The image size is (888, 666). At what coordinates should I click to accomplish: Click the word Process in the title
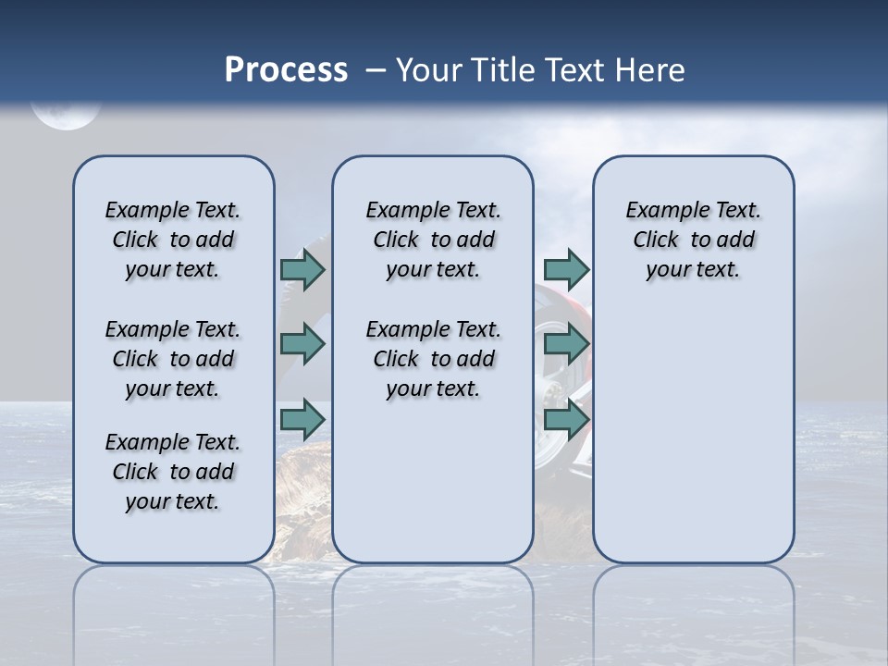tap(286, 70)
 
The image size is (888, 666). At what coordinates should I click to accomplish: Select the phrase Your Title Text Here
tap(540, 70)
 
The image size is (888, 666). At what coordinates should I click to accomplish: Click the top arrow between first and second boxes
tap(302, 269)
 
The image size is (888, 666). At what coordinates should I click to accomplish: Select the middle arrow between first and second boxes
tap(302, 344)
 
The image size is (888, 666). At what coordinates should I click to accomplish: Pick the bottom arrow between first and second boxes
tap(302, 419)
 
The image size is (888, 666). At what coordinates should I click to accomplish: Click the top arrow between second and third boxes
tap(566, 269)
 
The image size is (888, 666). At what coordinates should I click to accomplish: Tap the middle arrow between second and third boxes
tap(566, 344)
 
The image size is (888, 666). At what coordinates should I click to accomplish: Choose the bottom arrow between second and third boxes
tap(566, 419)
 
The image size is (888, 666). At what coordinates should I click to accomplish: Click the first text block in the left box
tap(173, 240)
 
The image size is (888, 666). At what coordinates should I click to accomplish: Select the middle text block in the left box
tap(173, 359)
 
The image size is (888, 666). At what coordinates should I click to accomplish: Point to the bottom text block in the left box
tap(173, 472)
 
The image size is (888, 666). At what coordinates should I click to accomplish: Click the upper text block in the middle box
tap(434, 240)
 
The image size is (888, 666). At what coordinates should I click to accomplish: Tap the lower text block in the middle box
tap(434, 359)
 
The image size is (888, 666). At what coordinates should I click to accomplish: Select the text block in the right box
tap(694, 240)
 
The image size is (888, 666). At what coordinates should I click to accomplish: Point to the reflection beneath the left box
tap(174, 601)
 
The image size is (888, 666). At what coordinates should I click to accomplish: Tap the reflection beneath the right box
tap(694, 601)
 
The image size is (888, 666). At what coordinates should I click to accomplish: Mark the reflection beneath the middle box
tap(433, 601)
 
